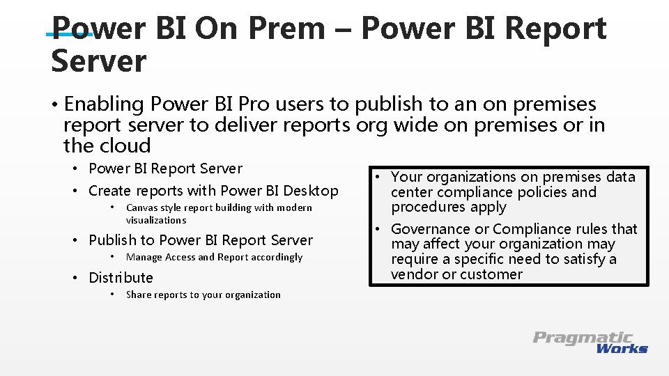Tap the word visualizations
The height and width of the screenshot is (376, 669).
(x=156, y=220)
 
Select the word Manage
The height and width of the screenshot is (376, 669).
(x=143, y=257)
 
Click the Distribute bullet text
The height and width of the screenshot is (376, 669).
(x=121, y=278)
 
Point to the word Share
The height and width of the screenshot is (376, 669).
(x=138, y=295)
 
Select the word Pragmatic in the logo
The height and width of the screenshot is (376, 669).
(x=583, y=338)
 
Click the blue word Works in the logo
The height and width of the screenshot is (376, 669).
(x=622, y=348)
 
